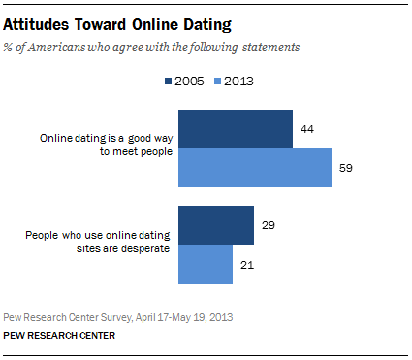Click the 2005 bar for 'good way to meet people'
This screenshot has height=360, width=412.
point(236,129)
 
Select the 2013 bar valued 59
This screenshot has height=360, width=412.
point(255,168)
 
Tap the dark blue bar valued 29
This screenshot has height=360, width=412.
point(216,225)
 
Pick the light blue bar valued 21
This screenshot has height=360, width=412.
point(206,264)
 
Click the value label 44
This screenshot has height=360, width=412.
point(307,129)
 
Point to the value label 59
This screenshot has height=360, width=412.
point(346,168)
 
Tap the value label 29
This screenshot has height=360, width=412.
point(269,225)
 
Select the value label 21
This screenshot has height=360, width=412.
point(247,265)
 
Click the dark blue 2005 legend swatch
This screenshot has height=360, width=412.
point(168,82)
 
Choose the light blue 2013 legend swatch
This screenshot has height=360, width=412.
point(217,82)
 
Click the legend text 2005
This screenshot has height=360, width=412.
point(189,82)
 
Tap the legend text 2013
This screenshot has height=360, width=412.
point(238,82)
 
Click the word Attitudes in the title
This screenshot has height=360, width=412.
point(36,24)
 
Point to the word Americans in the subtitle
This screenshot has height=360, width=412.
point(56,48)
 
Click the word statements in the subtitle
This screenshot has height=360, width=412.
point(271,48)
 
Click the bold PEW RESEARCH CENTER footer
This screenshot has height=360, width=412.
point(59,336)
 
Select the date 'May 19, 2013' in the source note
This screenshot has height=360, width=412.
point(202,317)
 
